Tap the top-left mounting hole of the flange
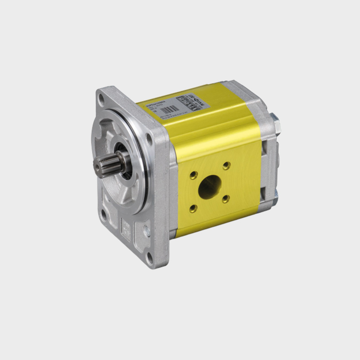(103, 99)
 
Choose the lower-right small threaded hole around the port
(226, 198)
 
